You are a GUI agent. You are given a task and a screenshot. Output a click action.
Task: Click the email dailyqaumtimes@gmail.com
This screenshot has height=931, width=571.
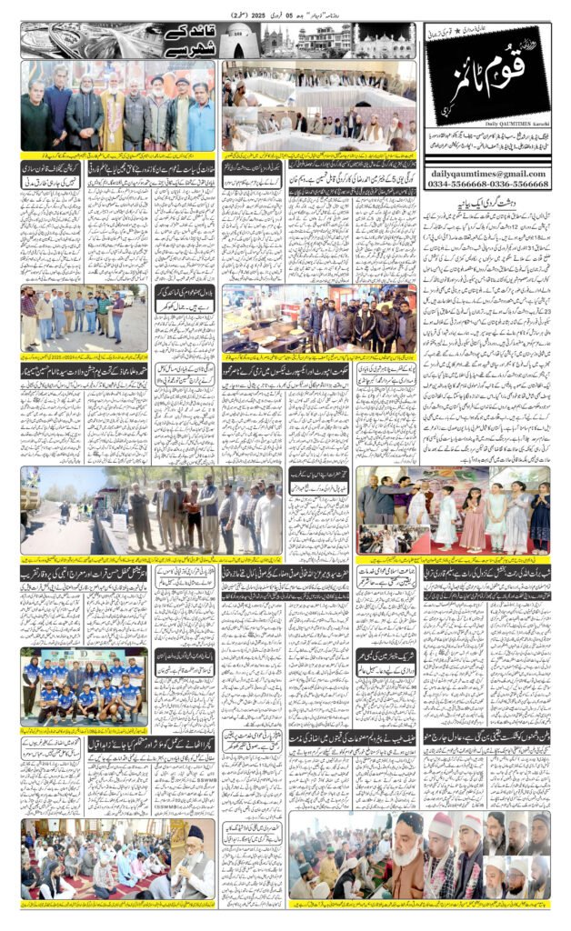click(486, 173)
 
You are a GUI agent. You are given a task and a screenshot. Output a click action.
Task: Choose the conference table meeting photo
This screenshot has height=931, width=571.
click(317, 108)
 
